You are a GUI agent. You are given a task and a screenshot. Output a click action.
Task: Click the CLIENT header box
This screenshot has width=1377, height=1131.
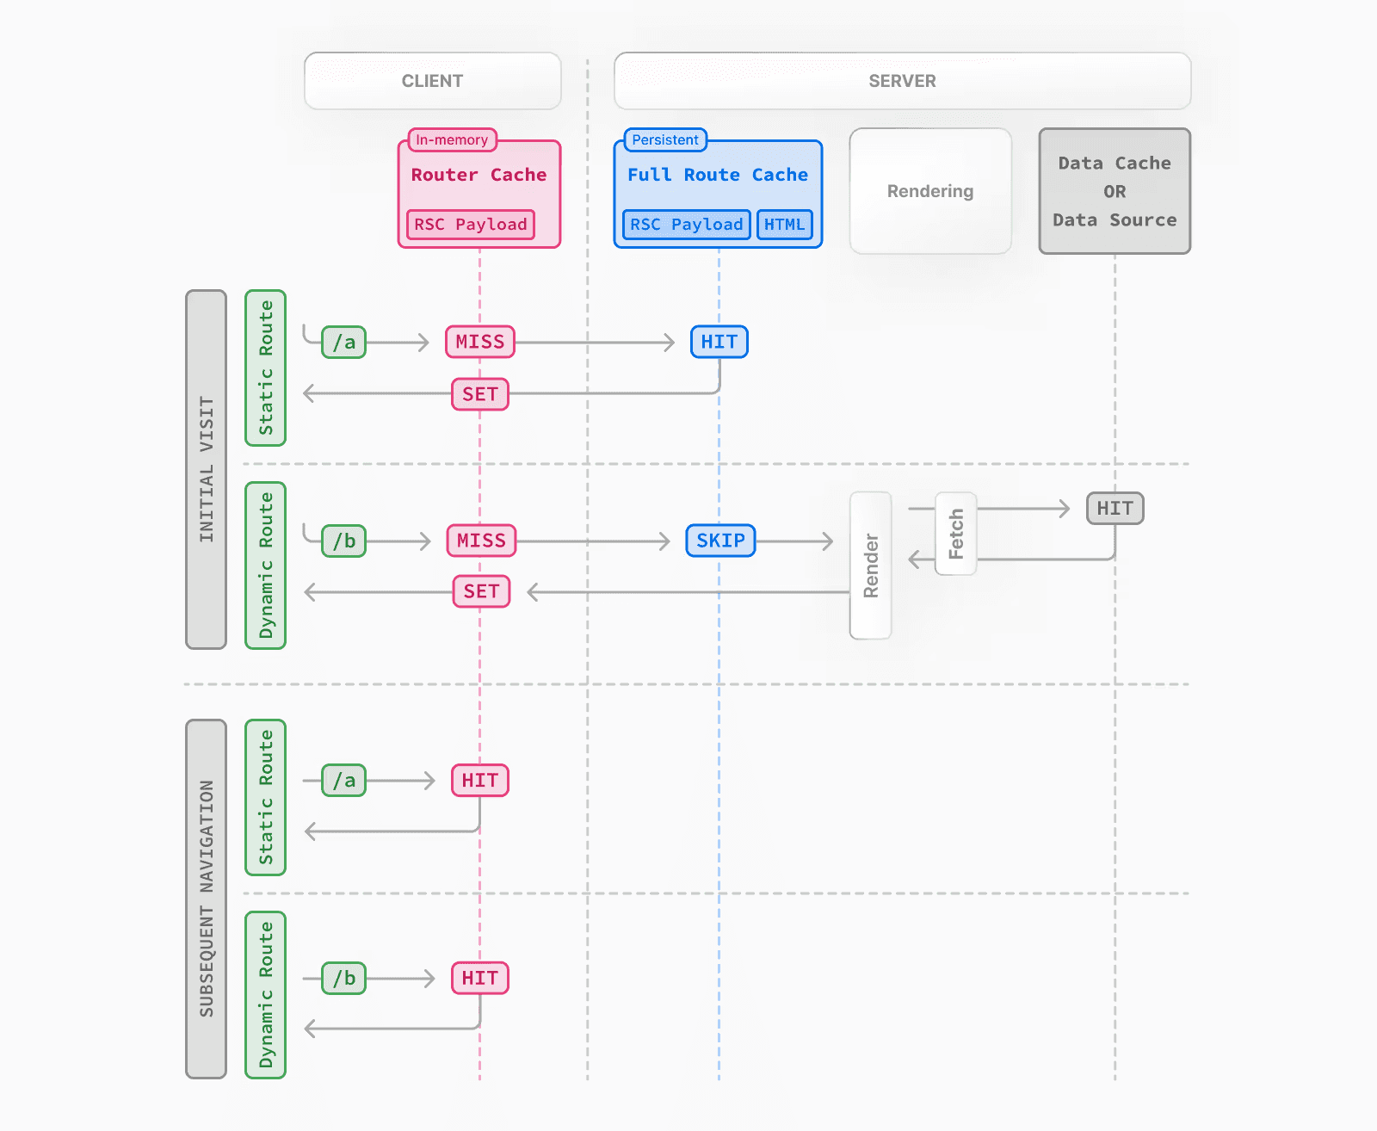432,81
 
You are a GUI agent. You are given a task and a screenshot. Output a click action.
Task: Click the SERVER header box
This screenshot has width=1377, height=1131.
902,81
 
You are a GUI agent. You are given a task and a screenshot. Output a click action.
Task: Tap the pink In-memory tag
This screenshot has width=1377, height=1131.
452,139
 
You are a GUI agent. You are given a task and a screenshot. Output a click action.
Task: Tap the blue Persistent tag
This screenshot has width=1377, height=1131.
664,139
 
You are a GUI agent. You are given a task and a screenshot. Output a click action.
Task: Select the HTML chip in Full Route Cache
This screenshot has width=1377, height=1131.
784,225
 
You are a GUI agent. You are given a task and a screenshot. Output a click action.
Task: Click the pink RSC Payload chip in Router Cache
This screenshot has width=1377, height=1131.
470,225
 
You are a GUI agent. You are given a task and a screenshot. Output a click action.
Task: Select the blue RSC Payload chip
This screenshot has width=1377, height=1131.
686,225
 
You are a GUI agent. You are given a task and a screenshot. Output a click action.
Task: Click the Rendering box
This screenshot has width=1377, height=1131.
930,191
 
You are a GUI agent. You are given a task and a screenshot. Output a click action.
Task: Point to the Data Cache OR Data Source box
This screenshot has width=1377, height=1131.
1115,191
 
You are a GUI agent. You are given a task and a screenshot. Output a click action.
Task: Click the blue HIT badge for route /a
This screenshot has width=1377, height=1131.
719,342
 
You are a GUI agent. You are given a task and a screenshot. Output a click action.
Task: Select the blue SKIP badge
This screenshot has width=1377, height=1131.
720,541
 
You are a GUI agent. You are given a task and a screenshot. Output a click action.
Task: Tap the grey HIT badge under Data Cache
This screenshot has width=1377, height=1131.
1115,509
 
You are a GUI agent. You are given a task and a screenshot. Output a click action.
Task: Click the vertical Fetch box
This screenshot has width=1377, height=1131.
955,534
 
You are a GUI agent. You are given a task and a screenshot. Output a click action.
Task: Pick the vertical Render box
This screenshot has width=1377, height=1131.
870,565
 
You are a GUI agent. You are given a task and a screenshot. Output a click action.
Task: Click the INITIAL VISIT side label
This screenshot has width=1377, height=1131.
206,469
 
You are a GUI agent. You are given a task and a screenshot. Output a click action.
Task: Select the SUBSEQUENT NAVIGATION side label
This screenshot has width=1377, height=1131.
206,899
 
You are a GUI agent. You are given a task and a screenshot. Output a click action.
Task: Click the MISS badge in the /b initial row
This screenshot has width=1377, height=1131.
481,541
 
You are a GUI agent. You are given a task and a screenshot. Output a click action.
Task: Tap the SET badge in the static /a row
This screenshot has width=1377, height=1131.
480,394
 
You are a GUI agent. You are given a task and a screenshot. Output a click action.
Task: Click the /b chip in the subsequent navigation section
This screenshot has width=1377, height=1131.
343,978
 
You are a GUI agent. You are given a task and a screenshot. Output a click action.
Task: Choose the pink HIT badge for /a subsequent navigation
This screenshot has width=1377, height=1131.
480,781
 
